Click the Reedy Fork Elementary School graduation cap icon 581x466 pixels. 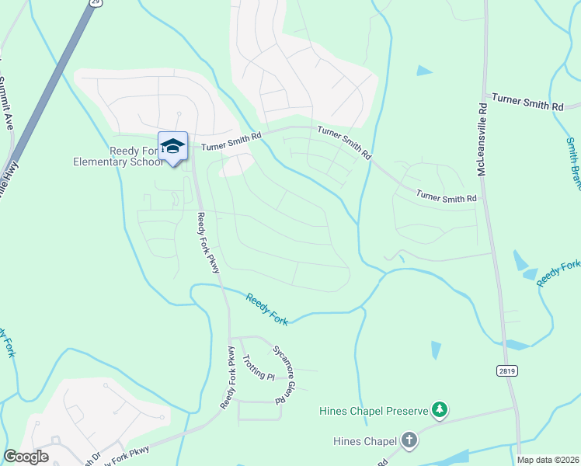[172, 145]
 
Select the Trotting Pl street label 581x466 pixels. [259, 366]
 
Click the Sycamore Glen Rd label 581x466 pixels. [284, 370]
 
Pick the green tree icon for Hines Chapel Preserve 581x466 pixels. [440, 409]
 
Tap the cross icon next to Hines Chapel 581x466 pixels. [410, 440]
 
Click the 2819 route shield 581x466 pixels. [508, 373]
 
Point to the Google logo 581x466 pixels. [26, 457]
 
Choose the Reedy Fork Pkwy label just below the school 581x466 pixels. [208, 242]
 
